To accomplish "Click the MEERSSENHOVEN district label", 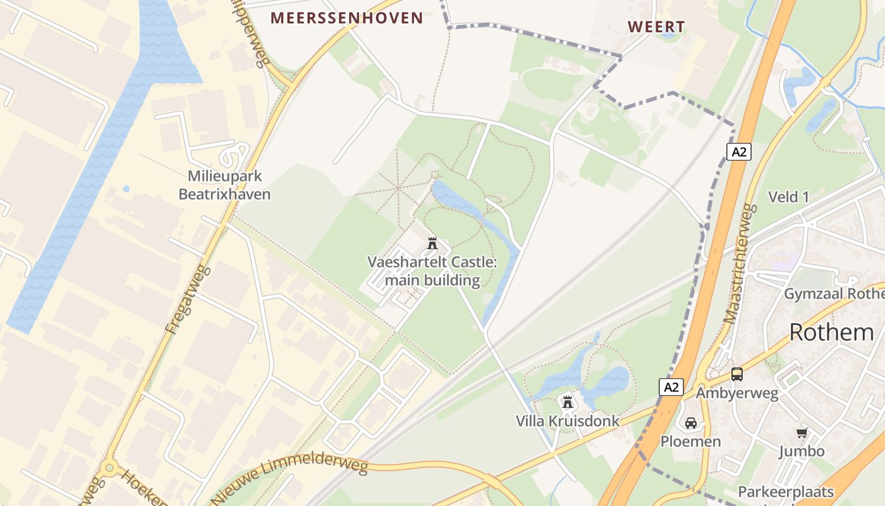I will click(347, 18).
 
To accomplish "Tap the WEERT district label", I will click(656, 27).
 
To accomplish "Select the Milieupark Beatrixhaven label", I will click(224, 185).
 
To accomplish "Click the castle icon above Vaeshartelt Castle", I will click(432, 243).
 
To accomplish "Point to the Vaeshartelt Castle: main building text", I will click(432, 271).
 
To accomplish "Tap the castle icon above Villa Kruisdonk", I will click(567, 402).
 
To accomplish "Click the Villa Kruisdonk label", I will click(567, 421).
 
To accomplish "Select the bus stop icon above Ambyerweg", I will click(737, 374).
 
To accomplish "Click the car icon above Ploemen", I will click(690, 423).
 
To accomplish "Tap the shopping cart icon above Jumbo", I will click(802, 433).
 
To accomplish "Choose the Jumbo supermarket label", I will click(802, 451).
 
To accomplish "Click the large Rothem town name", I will click(831, 332).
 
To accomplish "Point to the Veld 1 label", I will click(788, 197).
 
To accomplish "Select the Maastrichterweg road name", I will click(740, 263).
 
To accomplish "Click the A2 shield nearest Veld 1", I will click(738, 152).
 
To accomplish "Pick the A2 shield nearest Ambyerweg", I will click(671, 387).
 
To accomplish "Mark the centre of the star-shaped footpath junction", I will click(398, 188).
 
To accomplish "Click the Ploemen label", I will click(690, 441).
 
